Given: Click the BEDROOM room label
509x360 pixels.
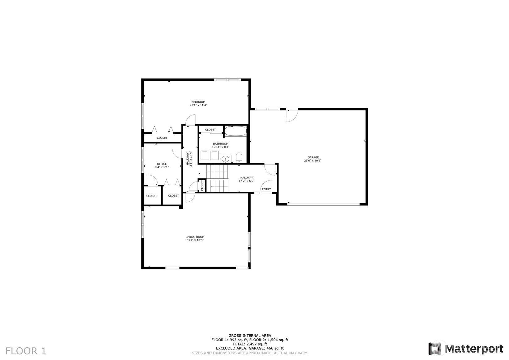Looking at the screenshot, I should click(198, 102).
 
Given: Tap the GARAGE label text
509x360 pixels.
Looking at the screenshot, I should click(313, 157).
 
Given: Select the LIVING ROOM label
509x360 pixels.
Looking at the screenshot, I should click(195, 237).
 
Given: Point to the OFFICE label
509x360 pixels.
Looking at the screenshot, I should click(162, 164).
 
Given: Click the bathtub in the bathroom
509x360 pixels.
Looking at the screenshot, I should click(235, 131).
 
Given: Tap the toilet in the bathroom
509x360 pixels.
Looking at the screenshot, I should click(239, 157).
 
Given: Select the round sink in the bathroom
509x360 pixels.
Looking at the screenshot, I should click(226, 159).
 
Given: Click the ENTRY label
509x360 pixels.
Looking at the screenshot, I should click(266, 189).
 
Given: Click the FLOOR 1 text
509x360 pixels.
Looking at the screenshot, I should click(26, 351).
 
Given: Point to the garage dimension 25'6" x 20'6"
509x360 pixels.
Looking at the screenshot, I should click(313, 161).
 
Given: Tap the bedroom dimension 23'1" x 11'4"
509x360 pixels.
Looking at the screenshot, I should click(198, 105).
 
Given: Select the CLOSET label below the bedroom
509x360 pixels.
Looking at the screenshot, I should click(162, 138).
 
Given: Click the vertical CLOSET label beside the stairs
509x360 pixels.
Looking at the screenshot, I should click(202, 186).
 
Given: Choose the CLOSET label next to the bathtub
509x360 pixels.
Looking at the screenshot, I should click(210, 130).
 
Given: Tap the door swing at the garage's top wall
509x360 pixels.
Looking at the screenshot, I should click(291, 115).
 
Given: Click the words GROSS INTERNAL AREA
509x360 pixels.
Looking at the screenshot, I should click(249, 336).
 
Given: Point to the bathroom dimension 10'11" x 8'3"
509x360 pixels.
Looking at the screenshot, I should click(220, 147).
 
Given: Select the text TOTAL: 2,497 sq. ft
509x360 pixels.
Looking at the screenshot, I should click(249, 344).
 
